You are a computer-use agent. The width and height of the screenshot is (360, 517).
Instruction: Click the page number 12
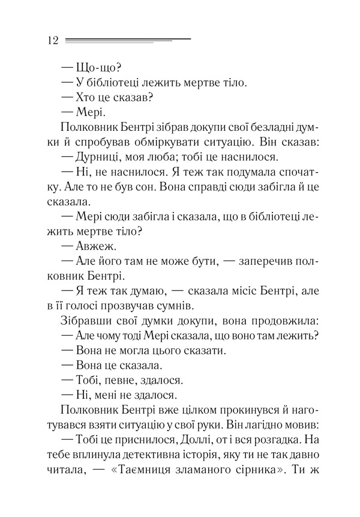pos(51,40)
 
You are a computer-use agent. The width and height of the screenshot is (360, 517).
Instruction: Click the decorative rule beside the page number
pos(127,40)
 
